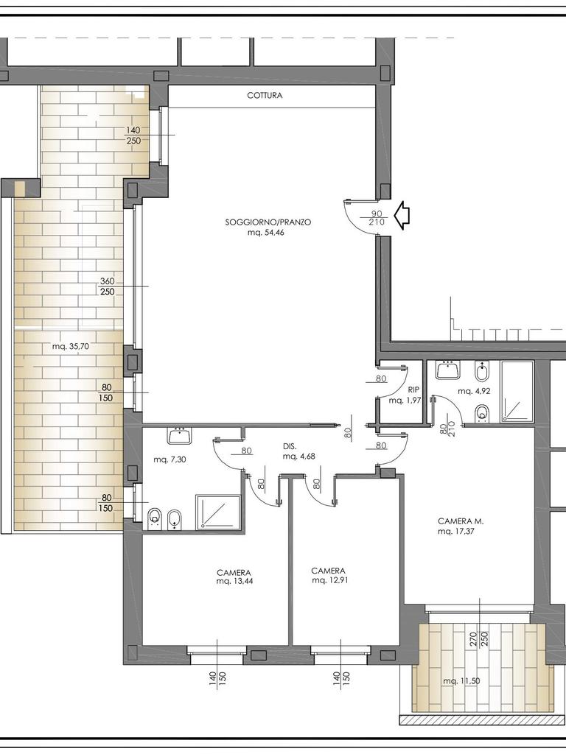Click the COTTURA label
click(265, 95)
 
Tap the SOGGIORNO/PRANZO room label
click(268, 222)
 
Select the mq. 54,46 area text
click(268, 232)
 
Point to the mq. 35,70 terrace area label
click(71, 346)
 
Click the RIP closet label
click(413, 390)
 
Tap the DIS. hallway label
click(290, 447)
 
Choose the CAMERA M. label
click(461, 521)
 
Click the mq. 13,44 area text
click(235, 580)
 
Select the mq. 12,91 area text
click(329, 580)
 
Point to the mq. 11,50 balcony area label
click(461, 681)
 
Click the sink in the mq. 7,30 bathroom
click(180, 435)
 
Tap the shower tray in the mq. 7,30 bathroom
click(218, 512)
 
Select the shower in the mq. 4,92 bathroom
click(517, 392)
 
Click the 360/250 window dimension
click(108, 286)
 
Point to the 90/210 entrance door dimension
click(377, 218)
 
